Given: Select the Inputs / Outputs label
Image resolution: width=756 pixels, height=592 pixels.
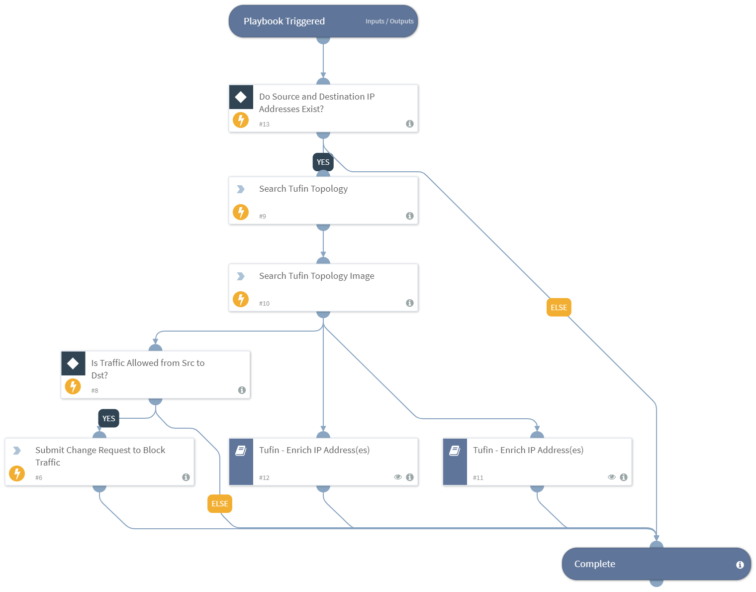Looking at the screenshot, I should click(389, 21).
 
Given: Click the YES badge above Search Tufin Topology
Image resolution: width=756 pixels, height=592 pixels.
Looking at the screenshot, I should click(323, 162).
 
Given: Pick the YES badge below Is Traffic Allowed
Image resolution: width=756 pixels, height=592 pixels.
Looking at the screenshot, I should click(108, 419).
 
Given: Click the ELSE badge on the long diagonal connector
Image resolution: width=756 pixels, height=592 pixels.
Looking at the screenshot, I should click(559, 308).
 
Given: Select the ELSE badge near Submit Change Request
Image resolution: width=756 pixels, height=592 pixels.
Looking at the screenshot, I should click(219, 504).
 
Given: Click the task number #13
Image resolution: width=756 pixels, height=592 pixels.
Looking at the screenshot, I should click(264, 124).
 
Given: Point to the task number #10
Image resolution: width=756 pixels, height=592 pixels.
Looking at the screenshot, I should click(264, 304).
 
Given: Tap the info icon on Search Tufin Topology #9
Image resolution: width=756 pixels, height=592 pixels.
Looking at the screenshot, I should click(410, 216).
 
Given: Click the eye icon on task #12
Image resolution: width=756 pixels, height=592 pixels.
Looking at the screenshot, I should click(398, 477).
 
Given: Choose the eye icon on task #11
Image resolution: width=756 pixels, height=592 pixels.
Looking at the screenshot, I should click(612, 477).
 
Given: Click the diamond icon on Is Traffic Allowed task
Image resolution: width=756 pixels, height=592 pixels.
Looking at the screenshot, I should click(73, 363).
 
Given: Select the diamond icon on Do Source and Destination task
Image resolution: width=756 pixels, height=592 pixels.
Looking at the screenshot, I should click(241, 97).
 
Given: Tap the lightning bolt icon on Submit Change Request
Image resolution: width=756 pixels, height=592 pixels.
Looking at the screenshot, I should click(17, 473).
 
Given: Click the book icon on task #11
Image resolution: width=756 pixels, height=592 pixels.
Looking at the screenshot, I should click(455, 451).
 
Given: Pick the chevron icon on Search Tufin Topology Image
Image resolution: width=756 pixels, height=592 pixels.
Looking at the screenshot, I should click(241, 276).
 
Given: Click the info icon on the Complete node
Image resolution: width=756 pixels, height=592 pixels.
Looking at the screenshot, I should click(740, 565).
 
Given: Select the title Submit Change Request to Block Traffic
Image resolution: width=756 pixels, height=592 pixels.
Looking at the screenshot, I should click(100, 456).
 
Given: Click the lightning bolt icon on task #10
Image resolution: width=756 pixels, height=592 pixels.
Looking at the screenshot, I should click(241, 299).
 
